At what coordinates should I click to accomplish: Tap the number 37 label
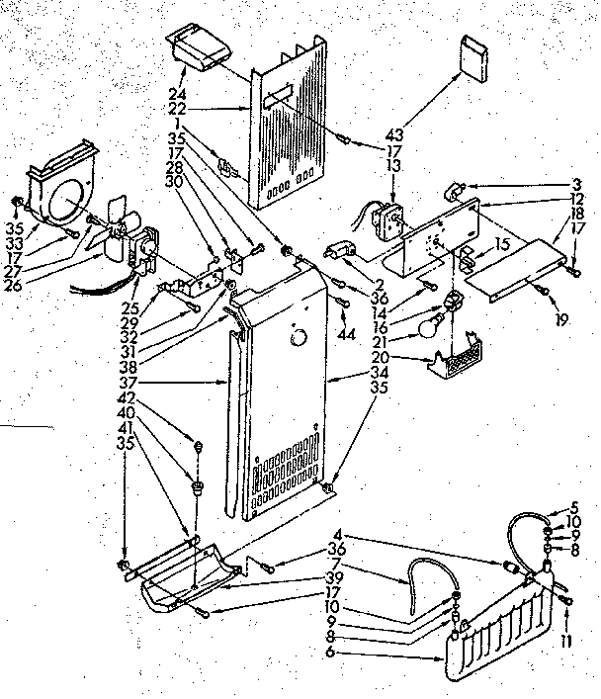pyautogui.click(x=199, y=381)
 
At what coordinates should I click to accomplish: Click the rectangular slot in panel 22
pyautogui.click(x=281, y=96)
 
